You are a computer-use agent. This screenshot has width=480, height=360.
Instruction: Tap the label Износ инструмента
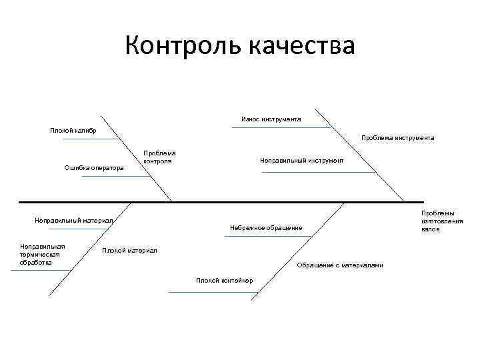point(271,119)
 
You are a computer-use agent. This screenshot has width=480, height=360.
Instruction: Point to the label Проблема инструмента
point(397,138)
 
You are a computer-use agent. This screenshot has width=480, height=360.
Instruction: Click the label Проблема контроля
point(159,157)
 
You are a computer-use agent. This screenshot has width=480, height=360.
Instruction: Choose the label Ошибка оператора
point(94,168)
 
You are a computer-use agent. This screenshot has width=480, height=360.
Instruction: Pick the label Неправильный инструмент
point(301,161)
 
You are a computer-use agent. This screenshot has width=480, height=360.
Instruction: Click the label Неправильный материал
point(74,221)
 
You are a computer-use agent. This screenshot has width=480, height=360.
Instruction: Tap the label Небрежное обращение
point(266,228)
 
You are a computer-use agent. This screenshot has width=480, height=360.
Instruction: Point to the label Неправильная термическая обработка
point(43,254)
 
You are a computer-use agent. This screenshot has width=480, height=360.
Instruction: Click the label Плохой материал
point(129,251)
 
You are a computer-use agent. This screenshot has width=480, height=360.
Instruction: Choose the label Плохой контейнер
point(225,280)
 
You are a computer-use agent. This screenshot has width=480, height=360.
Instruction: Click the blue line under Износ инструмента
point(280,127)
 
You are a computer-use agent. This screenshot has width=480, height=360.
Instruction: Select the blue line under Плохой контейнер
point(213,292)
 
